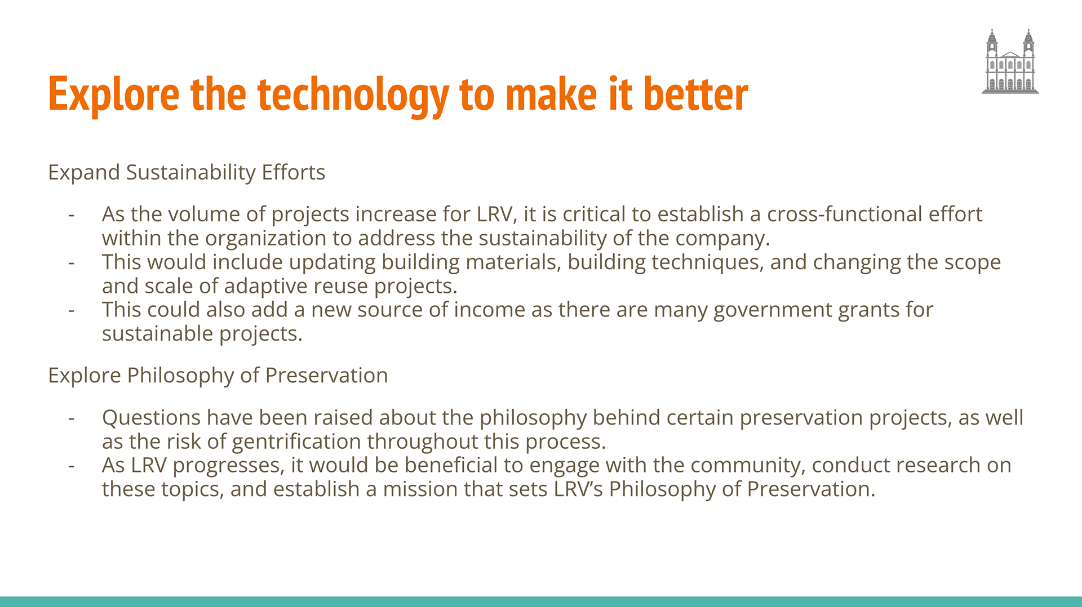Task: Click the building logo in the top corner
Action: tap(1010, 61)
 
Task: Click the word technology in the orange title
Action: tap(354, 95)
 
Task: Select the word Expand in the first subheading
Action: tap(84, 173)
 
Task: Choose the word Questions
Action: tap(151, 418)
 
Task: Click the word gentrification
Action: tap(296, 442)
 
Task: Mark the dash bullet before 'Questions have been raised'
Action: tap(71, 419)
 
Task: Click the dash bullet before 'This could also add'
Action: tap(71, 311)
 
